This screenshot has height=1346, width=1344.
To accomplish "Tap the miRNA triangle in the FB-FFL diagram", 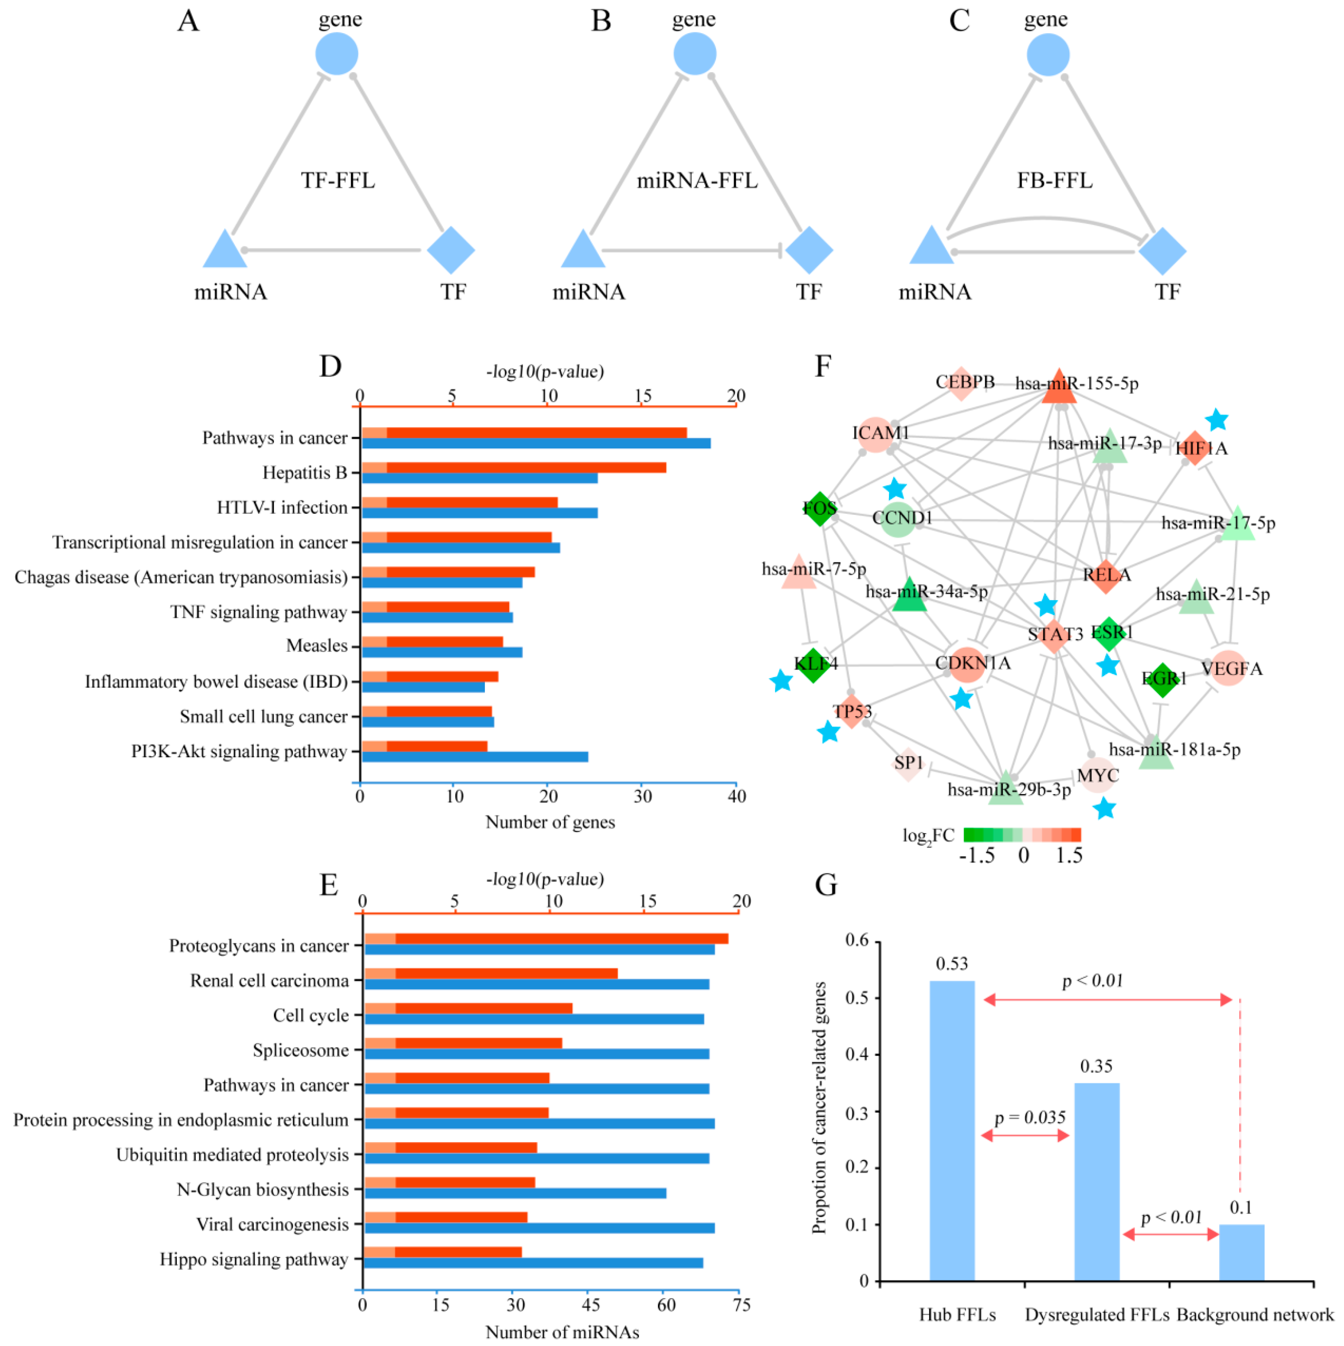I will pyautogui.click(x=931, y=247).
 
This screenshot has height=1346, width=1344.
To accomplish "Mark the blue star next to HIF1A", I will pyautogui.click(x=1216, y=420).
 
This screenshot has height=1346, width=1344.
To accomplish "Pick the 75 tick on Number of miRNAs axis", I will pyautogui.click(x=741, y=1305).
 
